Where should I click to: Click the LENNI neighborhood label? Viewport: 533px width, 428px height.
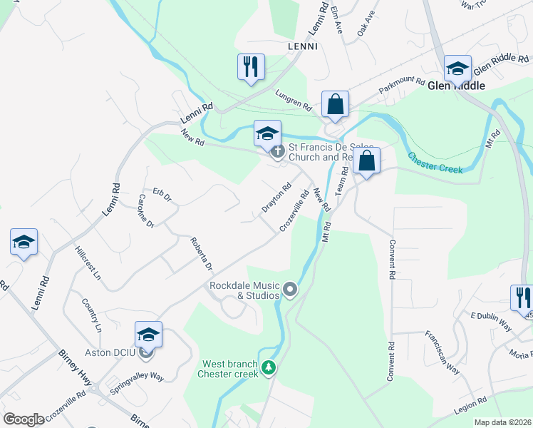301,46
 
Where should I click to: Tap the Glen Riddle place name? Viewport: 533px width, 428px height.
456,86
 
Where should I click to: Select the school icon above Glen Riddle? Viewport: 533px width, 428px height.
457,68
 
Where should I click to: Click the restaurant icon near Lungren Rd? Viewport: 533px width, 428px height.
251,67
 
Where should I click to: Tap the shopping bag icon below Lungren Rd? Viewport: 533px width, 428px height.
335,104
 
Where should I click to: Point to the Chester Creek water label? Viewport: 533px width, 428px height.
435,163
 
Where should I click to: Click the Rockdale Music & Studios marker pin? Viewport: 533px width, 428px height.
290,289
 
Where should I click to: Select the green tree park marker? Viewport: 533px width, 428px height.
269,367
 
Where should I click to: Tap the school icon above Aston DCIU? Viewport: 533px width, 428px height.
148,334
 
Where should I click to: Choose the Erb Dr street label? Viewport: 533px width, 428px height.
162,195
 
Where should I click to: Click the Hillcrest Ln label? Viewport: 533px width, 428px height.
88,262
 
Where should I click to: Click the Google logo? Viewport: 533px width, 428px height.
24,419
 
